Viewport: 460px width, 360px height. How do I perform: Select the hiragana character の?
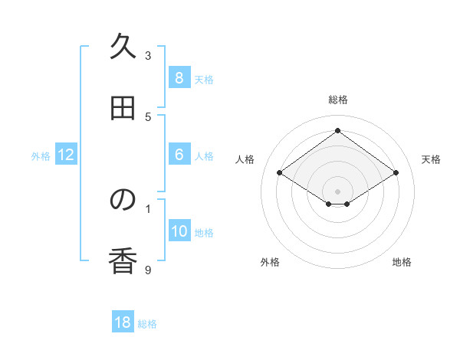(123, 200)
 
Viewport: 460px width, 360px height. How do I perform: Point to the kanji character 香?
(123, 261)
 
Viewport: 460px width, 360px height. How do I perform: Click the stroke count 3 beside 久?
(148, 56)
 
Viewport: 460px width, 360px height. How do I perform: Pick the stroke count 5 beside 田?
(148, 117)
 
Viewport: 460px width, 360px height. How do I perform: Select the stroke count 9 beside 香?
(148, 269)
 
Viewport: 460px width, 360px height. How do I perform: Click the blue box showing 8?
(179, 77)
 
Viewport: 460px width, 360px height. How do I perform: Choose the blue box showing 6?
(179, 154)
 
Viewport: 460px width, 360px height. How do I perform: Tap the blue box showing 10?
(179, 231)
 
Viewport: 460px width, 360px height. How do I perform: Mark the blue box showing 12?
(66, 155)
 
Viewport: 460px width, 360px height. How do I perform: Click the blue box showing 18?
(123, 322)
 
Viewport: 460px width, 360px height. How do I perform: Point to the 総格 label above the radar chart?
(337, 100)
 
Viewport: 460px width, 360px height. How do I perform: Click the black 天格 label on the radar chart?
(431, 159)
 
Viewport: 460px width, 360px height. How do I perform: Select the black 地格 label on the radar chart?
(402, 262)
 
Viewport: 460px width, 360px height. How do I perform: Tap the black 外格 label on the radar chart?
(270, 262)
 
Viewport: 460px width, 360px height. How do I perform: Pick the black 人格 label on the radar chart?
(245, 159)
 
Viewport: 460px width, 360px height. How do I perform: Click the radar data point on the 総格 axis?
(337, 130)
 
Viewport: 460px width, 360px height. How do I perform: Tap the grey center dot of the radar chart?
(337, 191)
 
